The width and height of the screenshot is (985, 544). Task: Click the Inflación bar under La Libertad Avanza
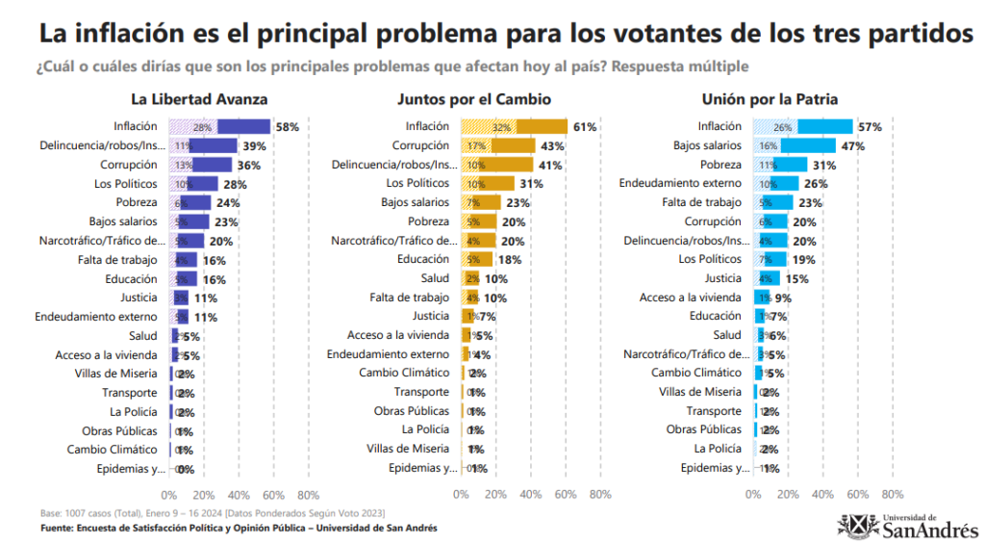point(220,126)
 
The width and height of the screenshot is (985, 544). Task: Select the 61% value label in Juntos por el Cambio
point(585,126)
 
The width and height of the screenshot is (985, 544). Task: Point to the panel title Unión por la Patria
point(770,99)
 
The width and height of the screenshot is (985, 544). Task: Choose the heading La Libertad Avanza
point(199,99)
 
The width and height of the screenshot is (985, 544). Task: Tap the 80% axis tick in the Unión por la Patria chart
point(892,495)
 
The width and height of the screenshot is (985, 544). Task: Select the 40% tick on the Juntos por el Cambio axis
point(530,495)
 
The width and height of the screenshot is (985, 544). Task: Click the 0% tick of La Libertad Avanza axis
point(169,495)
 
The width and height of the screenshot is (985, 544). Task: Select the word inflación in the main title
point(129,34)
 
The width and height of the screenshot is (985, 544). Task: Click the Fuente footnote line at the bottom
point(239,528)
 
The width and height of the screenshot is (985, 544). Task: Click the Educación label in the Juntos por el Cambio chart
point(422,259)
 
